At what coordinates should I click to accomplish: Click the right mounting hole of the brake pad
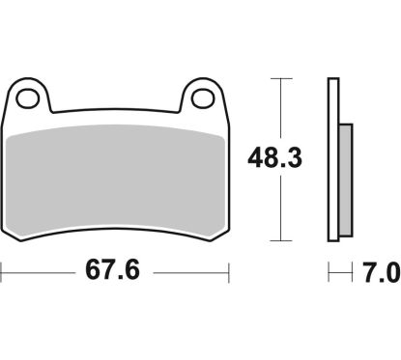pyautogui.click(x=203, y=97)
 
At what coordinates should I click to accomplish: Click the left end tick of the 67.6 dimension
pyautogui.click(x=2, y=272)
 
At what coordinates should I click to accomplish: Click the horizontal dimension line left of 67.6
pyautogui.click(x=39, y=272)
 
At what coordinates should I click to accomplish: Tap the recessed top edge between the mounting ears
pyautogui.click(x=116, y=112)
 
